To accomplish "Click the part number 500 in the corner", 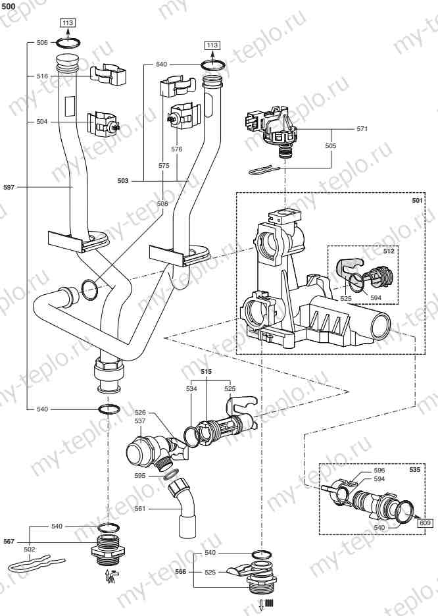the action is pyautogui.click(x=9, y=7).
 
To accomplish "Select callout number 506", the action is pyautogui.click(x=42, y=42).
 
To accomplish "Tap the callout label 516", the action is pyautogui.click(x=42, y=76).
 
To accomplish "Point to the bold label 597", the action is pyautogui.click(x=9, y=188).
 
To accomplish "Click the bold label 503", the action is pyautogui.click(x=123, y=181).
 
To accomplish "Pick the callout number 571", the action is pyautogui.click(x=362, y=128).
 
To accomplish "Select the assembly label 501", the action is pyautogui.click(x=417, y=200).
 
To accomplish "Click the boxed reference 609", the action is pyautogui.click(x=425, y=523).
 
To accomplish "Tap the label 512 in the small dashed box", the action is pyautogui.click(x=389, y=251).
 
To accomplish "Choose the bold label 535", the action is pyautogui.click(x=415, y=470).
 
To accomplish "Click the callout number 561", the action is pyautogui.click(x=139, y=508).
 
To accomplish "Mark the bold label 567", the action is pyautogui.click(x=9, y=542).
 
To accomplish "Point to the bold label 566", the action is pyautogui.click(x=181, y=572).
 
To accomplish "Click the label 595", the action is pyautogui.click(x=139, y=476).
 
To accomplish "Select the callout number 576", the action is pyautogui.click(x=177, y=149).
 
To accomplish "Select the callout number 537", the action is pyautogui.click(x=139, y=421).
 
